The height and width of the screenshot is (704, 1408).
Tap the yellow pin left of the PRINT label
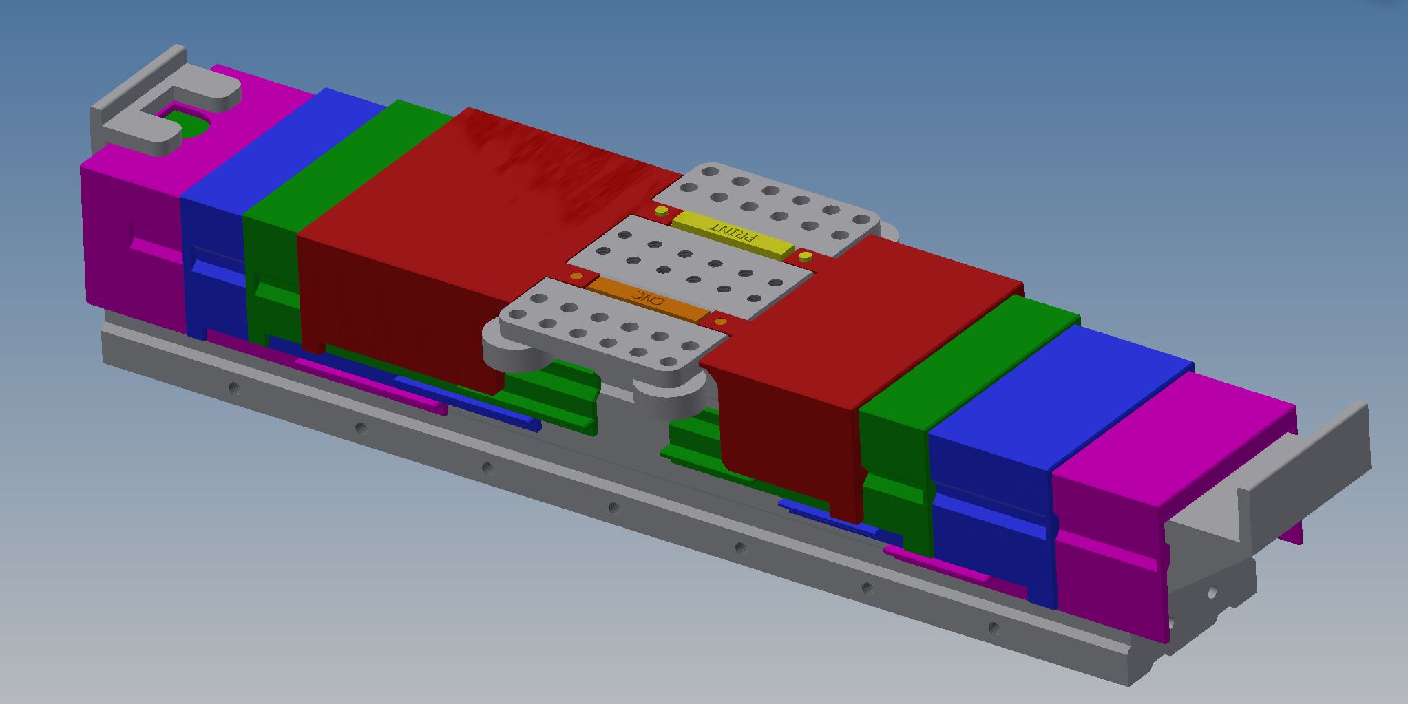662,211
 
